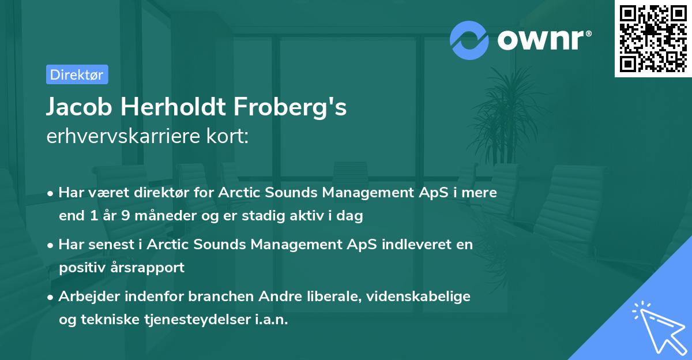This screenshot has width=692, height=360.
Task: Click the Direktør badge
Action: point(77,74)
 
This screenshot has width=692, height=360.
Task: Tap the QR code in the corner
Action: point(653,39)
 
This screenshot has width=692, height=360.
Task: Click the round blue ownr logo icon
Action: point(469,40)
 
